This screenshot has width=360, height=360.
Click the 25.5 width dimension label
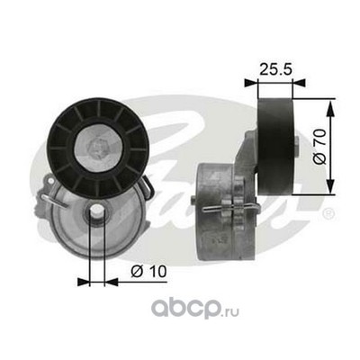click(x=275, y=69)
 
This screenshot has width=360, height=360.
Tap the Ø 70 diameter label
click(x=319, y=147)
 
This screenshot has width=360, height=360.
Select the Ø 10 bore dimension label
click(x=148, y=272)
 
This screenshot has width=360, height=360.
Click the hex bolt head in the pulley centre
click(x=98, y=146)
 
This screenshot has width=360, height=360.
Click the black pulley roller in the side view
click(x=275, y=146)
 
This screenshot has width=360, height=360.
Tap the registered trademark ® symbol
click(x=328, y=213)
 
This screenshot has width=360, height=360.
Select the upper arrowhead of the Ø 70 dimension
click(x=330, y=109)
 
